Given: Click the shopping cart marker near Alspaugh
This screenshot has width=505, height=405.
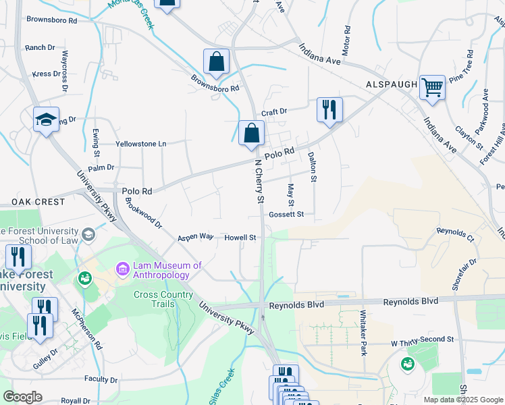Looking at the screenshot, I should coord(432,88).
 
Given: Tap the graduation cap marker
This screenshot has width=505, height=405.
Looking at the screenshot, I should coord(47,119).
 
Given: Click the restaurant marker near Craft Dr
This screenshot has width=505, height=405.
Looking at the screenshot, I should coord(329,110).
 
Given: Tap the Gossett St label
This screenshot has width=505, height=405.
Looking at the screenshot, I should coord(286,214).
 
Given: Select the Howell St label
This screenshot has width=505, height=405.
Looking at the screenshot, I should coord(240,238).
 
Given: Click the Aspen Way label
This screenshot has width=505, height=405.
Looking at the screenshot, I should coord(196,238).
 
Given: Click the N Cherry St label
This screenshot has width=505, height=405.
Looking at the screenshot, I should coord(259,181).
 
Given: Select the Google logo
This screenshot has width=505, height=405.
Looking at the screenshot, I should coord(22,397).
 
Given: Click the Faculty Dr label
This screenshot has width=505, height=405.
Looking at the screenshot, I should coord(102,380).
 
